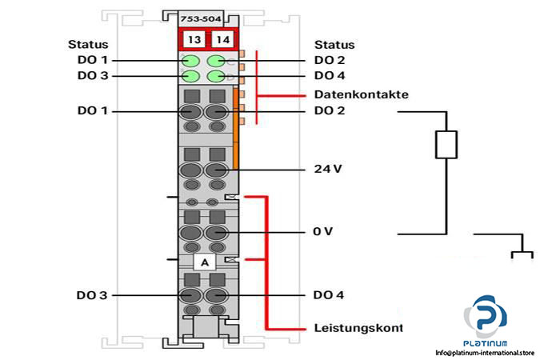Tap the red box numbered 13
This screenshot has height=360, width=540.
pos(192,39)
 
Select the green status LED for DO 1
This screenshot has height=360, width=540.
pos(191,61)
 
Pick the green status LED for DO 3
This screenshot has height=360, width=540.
pos(191,77)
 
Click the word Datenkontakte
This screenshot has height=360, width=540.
pos(361,94)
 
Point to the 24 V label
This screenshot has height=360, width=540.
pos(328,170)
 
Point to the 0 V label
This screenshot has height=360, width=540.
pos(322,232)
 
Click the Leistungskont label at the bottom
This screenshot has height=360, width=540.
pos(358,328)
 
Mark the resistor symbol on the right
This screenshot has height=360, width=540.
pos(445,145)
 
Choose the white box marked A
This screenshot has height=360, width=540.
pos(204,262)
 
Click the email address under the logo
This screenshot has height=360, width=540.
pos(484,353)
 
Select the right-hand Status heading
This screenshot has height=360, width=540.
pos(334,45)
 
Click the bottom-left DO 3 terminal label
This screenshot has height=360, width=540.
pos(92,295)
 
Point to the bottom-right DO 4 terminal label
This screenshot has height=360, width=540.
pos(329,295)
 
